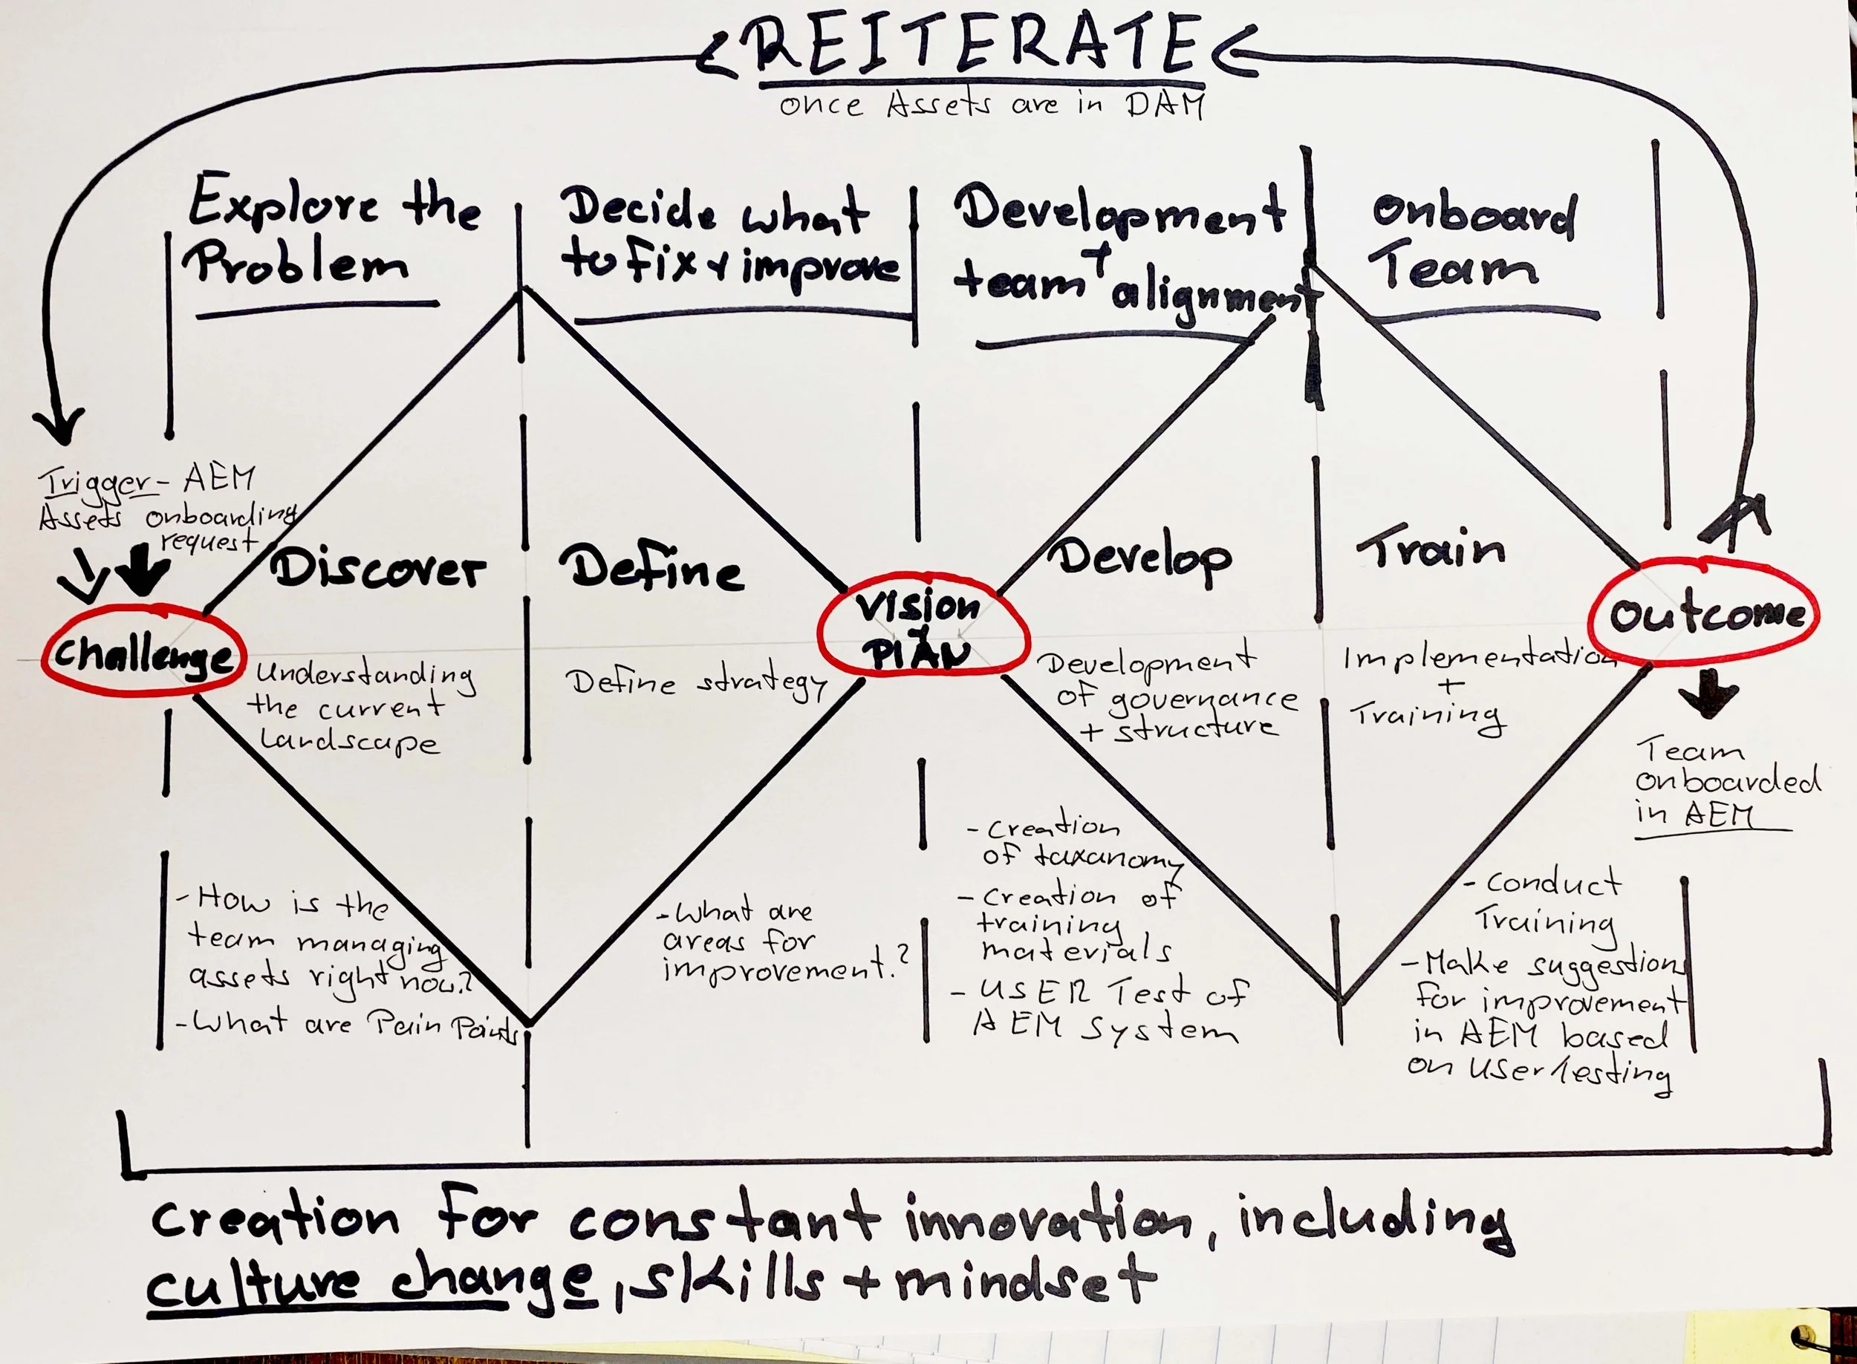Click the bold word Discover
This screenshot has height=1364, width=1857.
(377, 569)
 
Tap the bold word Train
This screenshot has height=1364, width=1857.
(1431, 549)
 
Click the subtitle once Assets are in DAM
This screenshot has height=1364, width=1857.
(992, 105)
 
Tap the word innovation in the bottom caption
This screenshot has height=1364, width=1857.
(1049, 1221)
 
